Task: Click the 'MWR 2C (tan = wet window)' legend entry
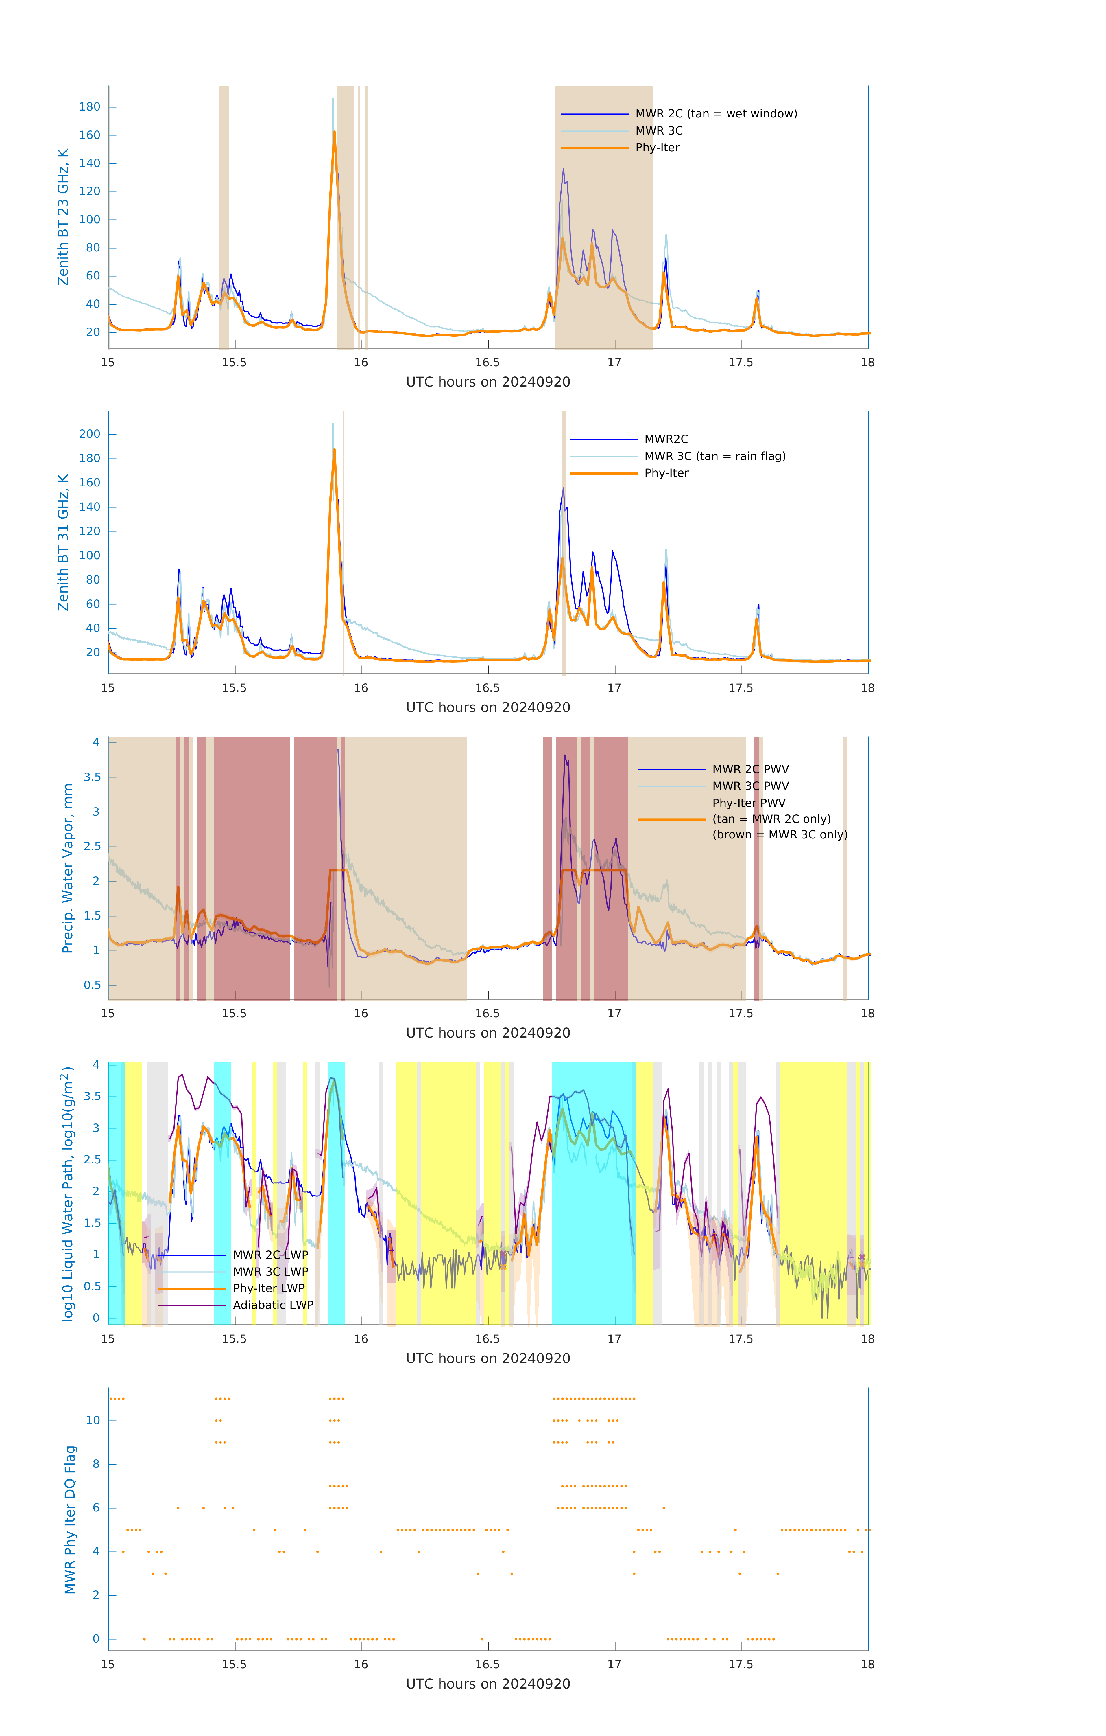[715, 114]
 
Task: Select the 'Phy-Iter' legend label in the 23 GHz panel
[657, 148]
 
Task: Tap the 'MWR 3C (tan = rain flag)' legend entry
[714, 456]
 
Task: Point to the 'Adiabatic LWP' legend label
[272, 1305]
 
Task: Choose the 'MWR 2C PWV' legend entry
[750, 769]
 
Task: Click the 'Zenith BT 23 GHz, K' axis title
[63, 217]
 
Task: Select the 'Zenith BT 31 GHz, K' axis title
[63, 542]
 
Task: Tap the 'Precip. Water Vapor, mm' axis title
[68, 868]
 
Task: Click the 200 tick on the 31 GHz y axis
[90, 434]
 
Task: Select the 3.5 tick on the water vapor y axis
[92, 777]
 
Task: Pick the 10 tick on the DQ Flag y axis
[93, 1420]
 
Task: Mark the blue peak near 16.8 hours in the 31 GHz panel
[564, 489]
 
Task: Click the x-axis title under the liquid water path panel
[488, 1358]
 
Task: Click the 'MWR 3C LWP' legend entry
[270, 1272]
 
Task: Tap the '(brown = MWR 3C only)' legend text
[780, 835]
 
